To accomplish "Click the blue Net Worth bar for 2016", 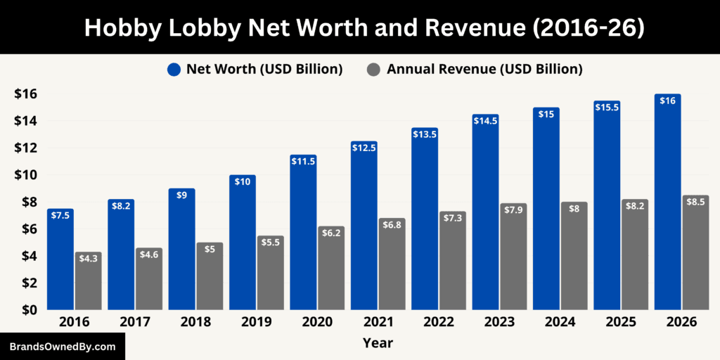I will [x=60, y=260].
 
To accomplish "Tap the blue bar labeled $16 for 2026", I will [x=667, y=204].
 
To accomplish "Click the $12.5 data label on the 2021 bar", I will [x=364, y=148].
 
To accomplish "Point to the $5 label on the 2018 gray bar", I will [x=210, y=249].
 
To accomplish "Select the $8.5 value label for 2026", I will [x=695, y=202].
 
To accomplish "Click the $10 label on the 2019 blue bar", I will [x=243, y=181].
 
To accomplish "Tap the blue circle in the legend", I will [x=174, y=69].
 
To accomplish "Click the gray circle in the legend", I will [x=375, y=69].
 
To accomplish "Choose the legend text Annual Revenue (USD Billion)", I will [x=484, y=69].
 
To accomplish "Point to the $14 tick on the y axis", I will [x=25, y=121].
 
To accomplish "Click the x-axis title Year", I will [x=378, y=343].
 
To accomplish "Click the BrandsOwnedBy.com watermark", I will [x=63, y=347].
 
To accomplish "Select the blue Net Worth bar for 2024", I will [x=546, y=211].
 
